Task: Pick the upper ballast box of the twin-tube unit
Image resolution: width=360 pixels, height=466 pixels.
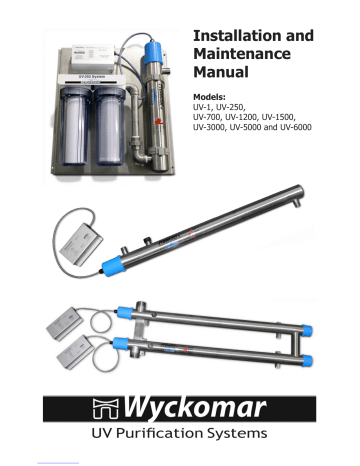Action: (71, 330)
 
